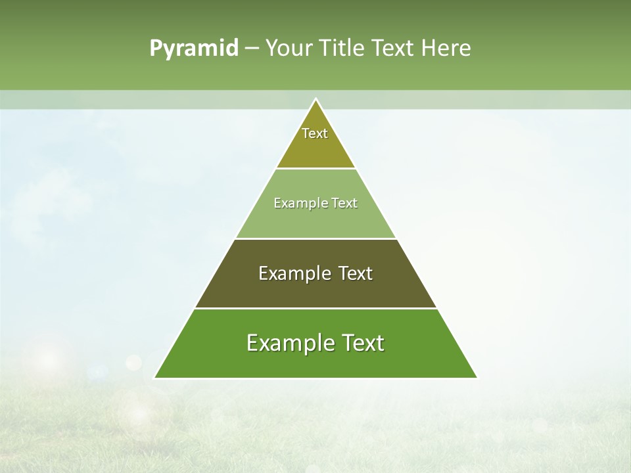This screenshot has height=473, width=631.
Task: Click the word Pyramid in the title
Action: (193, 49)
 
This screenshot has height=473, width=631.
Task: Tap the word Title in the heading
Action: (342, 48)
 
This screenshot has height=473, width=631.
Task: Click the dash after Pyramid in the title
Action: (251, 49)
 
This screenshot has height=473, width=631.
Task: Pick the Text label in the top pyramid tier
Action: (315, 133)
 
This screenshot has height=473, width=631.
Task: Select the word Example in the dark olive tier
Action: (292, 273)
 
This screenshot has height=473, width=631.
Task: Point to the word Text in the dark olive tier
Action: (355, 273)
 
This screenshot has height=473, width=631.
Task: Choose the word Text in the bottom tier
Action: (362, 343)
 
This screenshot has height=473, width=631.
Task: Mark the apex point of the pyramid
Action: (315, 99)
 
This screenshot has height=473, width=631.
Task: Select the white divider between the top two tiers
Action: (315, 168)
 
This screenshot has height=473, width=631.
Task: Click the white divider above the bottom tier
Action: (315, 308)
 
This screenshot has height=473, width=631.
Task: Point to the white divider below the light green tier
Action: (315, 238)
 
